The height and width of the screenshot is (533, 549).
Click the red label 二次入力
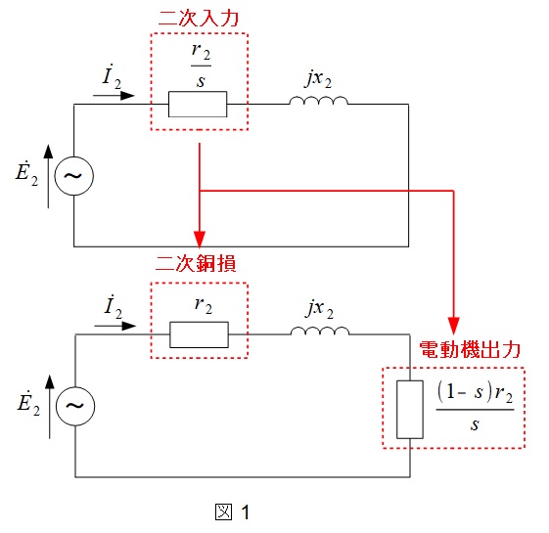point(199,19)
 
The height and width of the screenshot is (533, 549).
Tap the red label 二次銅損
point(196,263)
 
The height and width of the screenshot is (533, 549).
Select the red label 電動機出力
point(470,349)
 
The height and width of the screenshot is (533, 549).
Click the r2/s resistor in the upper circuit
point(198,105)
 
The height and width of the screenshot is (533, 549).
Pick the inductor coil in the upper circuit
point(319,101)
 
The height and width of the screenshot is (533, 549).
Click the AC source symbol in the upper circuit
point(73,176)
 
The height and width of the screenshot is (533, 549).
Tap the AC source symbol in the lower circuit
point(75,406)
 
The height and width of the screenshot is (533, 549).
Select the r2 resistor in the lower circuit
point(199,334)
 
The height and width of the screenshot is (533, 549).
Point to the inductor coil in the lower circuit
point(320,331)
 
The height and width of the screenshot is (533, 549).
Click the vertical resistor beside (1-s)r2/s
point(410,410)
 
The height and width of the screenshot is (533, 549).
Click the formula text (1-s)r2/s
point(476,406)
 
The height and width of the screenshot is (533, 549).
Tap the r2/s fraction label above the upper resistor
point(201,66)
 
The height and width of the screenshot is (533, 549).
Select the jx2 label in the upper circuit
point(318,79)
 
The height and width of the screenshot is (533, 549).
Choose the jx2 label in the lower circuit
point(320,309)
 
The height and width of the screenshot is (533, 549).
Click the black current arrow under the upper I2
point(114,95)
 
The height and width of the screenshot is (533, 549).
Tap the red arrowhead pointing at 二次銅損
point(200,240)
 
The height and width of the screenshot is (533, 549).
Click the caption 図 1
point(232,512)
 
